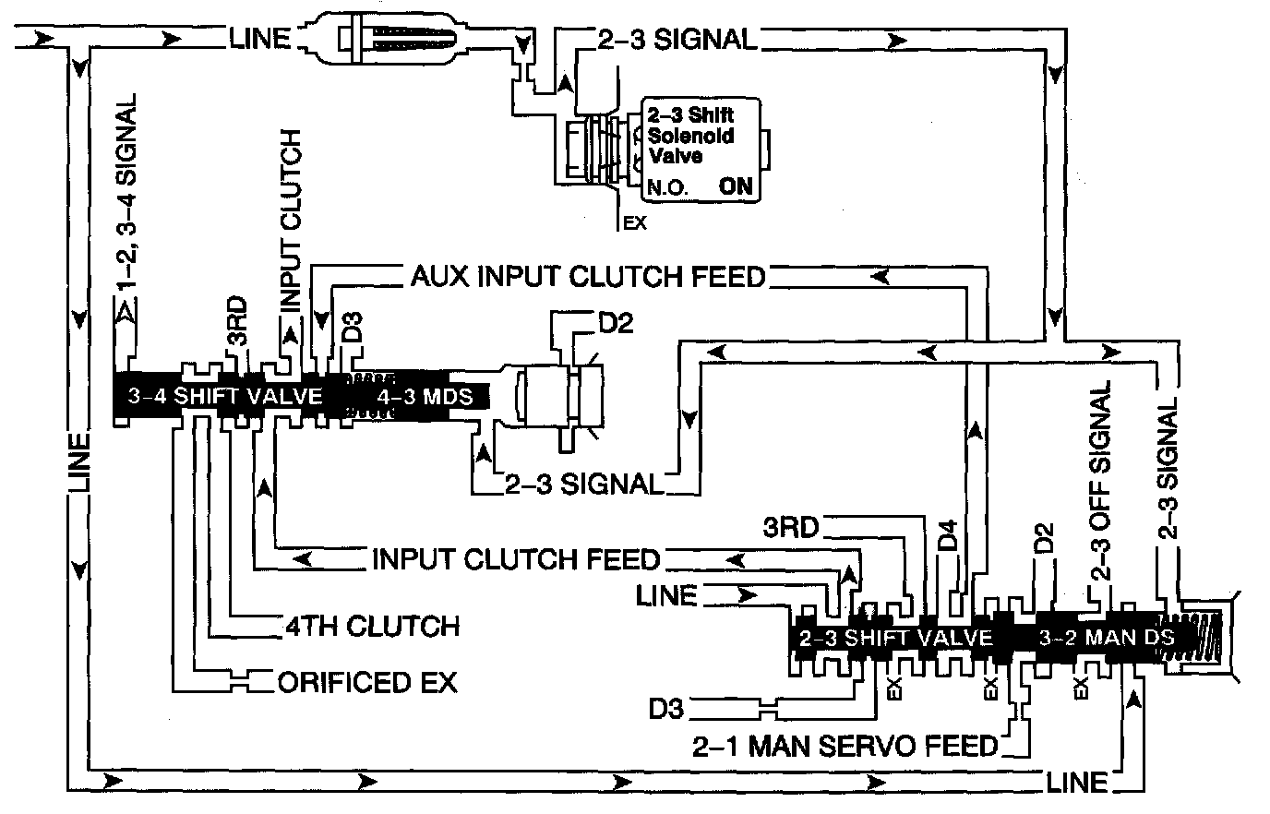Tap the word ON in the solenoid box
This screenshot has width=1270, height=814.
coord(737,187)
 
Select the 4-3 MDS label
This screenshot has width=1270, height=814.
coord(424,397)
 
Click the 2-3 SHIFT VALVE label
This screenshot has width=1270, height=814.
coord(895,638)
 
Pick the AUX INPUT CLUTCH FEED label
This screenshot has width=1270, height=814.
coord(589,276)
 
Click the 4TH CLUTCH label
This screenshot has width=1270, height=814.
coord(370,626)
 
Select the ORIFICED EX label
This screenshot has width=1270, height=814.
coord(367,682)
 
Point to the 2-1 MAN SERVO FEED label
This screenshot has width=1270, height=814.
coord(845,745)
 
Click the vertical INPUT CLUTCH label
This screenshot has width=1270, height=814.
coord(291,221)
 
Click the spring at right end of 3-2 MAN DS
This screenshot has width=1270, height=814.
coord(1200,637)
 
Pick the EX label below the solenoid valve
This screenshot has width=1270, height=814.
coord(636,222)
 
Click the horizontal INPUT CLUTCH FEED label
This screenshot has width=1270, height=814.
coord(516,559)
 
